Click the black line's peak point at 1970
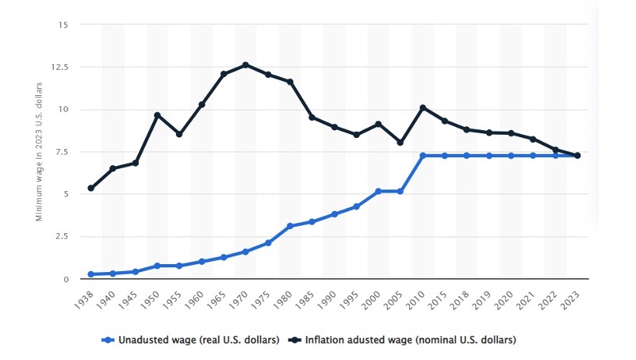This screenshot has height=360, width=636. [246, 65]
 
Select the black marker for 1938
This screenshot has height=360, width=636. [90, 189]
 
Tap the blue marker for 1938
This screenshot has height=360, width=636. [90, 274]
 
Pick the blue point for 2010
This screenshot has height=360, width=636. [423, 155]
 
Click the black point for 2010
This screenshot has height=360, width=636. [423, 108]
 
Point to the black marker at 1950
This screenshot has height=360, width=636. [157, 116]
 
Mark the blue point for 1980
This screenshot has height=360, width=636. [290, 226]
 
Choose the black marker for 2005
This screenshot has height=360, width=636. [401, 143]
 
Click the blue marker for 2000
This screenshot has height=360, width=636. [379, 191]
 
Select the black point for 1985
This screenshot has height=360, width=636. [312, 117]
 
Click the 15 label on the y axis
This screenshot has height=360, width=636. [63, 25]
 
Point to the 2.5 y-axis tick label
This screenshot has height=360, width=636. [60, 236]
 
